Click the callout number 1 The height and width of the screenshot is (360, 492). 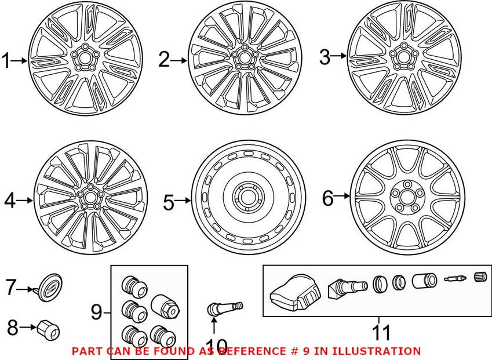click(x=7, y=60)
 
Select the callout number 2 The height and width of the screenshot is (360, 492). click(x=165, y=59)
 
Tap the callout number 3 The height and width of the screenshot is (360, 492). click(x=325, y=57)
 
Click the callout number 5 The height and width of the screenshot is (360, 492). click(x=168, y=202)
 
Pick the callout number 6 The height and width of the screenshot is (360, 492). click(x=328, y=199)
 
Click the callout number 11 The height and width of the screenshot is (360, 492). click(x=380, y=333)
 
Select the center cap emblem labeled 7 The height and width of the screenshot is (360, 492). click(x=51, y=286)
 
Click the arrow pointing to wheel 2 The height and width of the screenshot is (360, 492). click(x=180, y=59)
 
